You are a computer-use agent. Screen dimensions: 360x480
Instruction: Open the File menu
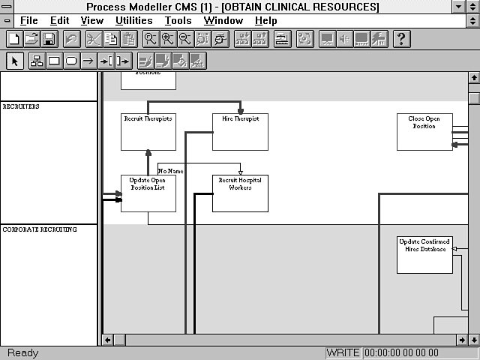28,20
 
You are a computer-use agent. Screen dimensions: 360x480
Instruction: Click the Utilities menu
133,20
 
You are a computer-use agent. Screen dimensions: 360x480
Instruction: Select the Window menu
223,20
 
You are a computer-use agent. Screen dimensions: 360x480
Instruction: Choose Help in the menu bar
265,20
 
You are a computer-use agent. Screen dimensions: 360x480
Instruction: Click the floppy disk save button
49,39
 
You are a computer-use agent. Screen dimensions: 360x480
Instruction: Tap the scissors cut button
94,39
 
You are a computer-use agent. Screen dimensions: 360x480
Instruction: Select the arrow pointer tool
15,61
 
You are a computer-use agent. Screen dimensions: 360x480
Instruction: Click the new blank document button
13,39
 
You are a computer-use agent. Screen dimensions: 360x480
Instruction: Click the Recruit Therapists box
148,131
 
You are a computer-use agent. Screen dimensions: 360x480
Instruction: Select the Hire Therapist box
240,131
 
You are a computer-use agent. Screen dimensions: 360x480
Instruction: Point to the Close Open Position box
424,131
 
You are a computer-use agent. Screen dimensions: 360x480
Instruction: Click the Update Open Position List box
148,193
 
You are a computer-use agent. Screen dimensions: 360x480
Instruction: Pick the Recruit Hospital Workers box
240,193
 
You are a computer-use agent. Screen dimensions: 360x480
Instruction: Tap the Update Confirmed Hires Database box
424,254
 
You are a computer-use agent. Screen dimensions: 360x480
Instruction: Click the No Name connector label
170,172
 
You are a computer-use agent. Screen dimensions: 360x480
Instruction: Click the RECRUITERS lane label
21,106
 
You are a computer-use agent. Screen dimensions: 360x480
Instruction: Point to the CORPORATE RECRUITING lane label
40,229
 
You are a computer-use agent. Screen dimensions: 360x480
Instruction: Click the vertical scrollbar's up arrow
473,77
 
